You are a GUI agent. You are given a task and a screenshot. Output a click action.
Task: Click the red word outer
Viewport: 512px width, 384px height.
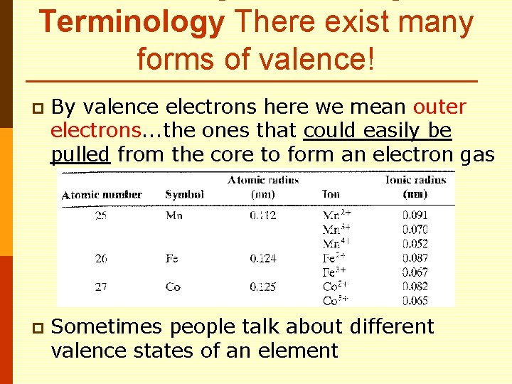tap(439, 107)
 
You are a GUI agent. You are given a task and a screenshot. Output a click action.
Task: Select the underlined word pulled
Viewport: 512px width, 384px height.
tap(80, 154)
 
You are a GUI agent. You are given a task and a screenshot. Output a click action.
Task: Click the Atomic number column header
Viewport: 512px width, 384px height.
tap(102, 194)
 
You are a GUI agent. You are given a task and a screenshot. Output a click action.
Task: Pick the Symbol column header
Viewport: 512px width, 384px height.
tap(184, 194)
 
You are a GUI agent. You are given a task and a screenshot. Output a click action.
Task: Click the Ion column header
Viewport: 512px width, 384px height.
tap(331, 194)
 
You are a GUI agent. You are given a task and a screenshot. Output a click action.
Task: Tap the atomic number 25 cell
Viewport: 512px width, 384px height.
tap(102, 215)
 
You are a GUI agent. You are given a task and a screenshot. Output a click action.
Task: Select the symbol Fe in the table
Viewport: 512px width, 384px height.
tap(172, 259)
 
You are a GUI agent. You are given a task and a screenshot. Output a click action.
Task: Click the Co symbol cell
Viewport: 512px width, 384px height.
tap(173, 287)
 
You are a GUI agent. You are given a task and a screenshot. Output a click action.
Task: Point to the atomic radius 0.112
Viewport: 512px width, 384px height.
tap(263, 215)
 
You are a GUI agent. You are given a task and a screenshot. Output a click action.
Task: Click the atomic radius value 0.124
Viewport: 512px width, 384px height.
tap(263, 259)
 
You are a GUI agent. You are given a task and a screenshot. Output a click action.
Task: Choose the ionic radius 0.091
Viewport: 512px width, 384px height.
tap(415, 215)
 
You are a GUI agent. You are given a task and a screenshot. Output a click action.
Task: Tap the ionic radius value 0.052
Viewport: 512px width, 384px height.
tap(415, 244)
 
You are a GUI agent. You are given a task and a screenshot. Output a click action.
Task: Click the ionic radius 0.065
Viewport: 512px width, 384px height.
tap(415, 302)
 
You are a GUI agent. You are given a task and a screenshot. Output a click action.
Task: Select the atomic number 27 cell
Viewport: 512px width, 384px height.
tap(102, 287)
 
